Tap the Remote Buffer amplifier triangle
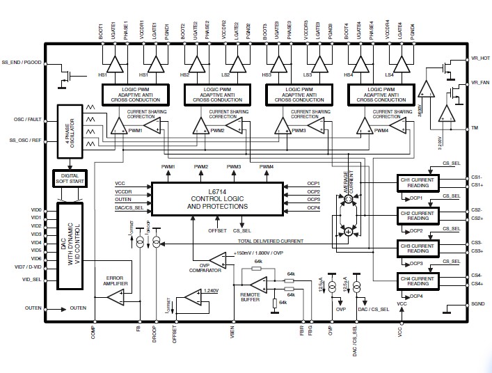(x=259, y=283)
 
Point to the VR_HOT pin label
(x=480, y=58)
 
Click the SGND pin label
(x=477, y=304)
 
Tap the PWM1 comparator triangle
(x=117, y=127)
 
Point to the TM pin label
(x=475, y=128)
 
